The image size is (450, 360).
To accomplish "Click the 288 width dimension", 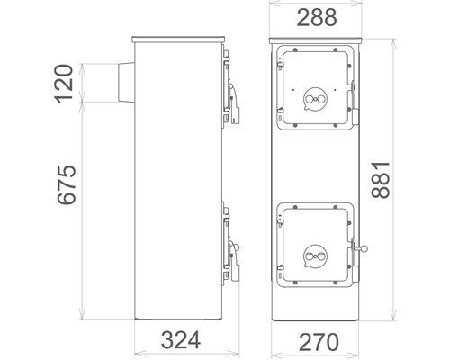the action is point(317,17).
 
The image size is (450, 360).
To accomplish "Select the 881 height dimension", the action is point(381,180).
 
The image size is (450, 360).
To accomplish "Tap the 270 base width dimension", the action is point(319,342).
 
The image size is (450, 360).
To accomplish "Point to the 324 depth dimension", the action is point(181,340).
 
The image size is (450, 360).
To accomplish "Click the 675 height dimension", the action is point(67,184).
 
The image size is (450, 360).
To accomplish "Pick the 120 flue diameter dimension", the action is point(64,84).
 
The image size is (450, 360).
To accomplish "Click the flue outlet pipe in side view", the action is point(126,83).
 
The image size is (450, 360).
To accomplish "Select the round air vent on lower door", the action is point(315,256).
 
